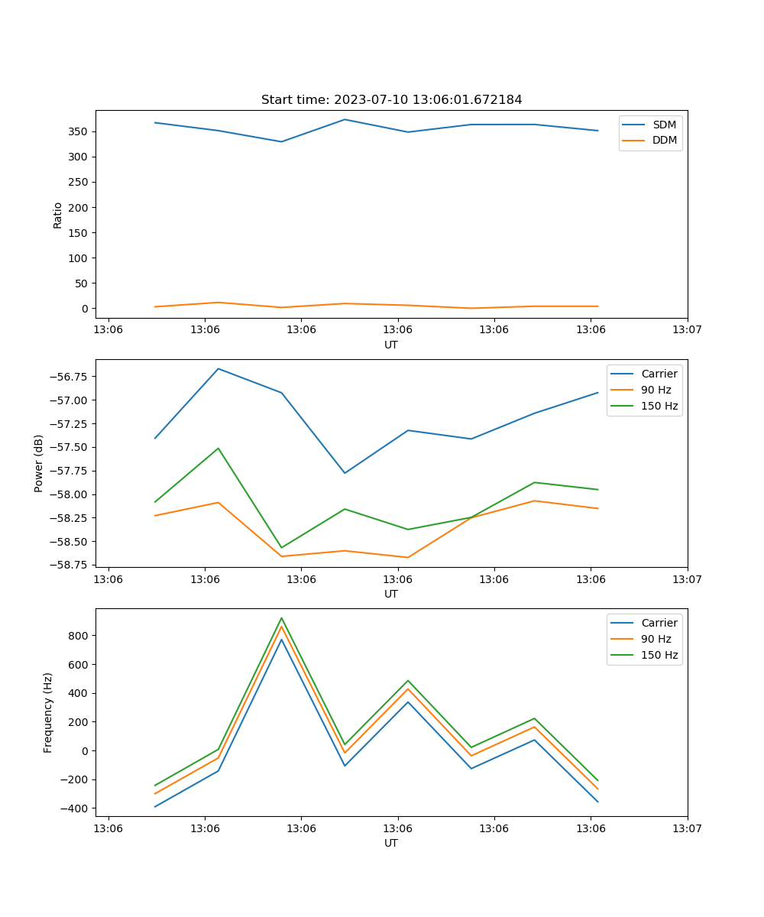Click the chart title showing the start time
coord(391,100)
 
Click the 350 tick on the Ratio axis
coord(79,131)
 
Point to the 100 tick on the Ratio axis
coord(79,258)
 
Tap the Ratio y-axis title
coord(57,215)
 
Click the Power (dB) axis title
coord(39,463)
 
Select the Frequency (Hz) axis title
coord(48,712)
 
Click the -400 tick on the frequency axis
coord(76,808)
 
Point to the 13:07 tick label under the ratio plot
coord(687,330)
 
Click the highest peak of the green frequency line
coord(281,618)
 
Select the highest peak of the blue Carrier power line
coord(219,368)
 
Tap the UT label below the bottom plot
coord(391,843)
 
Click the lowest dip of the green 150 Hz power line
coord(281,547)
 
